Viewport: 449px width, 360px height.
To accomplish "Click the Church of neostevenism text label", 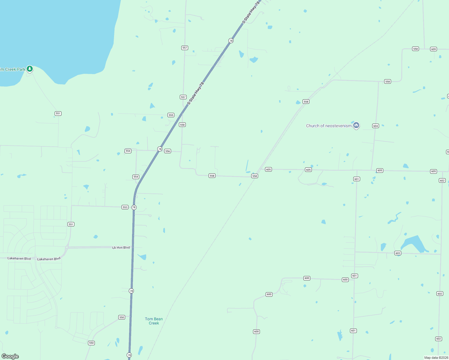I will coord(329,126).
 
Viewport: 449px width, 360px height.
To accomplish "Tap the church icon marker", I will coord(356,125).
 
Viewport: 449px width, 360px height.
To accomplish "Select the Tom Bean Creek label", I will coord(154,321).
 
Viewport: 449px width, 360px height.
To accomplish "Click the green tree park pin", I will coord(29,69).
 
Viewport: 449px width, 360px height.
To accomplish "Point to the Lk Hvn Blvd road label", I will coord(121,247).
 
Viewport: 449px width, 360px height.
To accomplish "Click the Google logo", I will coord(10,356).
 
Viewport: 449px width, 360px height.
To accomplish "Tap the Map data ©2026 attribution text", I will coord(436,358).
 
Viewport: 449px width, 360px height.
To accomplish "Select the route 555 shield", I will coord(171,115).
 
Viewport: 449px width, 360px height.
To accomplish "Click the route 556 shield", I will coord(168,151).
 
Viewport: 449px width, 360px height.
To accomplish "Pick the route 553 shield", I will coord(125,207).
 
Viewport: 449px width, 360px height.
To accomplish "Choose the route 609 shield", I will coord(433,49).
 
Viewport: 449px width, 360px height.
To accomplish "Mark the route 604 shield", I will coord(375,126).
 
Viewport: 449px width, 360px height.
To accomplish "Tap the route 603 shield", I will coord(398,253).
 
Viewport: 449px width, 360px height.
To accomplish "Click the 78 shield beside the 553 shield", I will coord(134,207).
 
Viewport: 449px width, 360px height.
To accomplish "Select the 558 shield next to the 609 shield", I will coord(415,49).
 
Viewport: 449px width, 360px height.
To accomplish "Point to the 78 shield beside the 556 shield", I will coord(160,149).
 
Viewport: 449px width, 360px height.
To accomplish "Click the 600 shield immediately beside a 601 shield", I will coord(345,280).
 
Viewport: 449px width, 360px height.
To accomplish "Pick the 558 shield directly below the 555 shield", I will coord(182,125).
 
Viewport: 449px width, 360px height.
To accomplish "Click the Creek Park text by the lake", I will coord(13,69).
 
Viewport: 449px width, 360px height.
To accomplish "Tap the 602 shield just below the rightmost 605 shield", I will coord(442,181).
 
